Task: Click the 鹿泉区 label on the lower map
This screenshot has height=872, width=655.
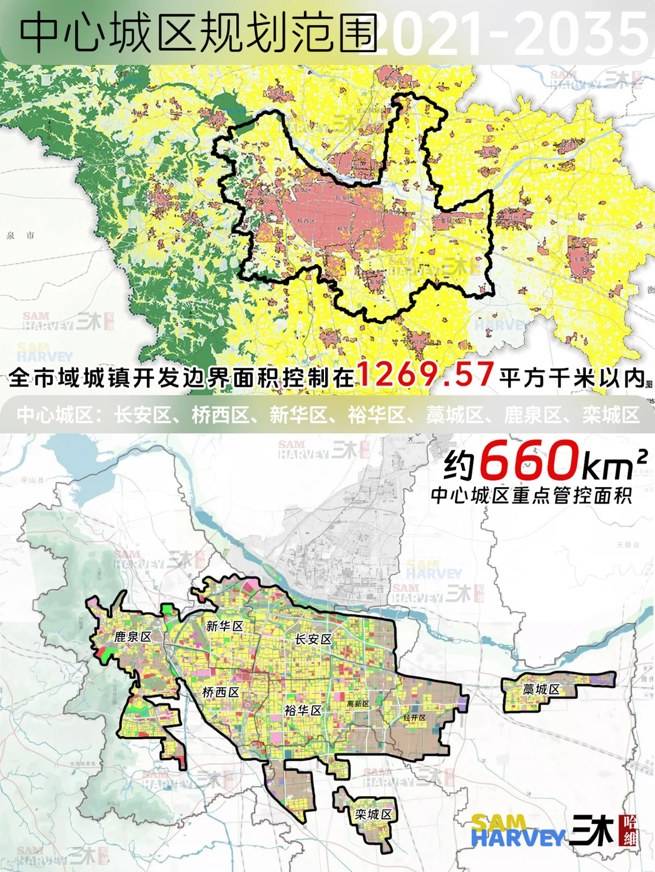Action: pyautogui.click(x=133, y=637)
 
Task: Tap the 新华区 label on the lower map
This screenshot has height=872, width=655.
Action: pyautogui.click(x=224, y=626)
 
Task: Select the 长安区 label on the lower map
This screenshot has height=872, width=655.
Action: pyautogui.click(x=313, y=639)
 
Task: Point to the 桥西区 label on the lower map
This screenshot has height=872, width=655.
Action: pyautogui.click(x=221, y=692)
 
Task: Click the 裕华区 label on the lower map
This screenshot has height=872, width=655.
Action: pyautogui.click(x=303, y=710)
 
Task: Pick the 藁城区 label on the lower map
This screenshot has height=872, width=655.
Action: pyautogui.click(x=541, y=690)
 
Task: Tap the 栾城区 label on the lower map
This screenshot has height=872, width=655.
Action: pyautogui.click(x=374, y=814)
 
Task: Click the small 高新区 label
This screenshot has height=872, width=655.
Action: pyautogui.click(x=358, y=704)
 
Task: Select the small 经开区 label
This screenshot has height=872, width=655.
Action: pyautogui.click(x=415, y=717)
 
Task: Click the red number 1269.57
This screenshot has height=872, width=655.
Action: pyautogui.click(x=425, y=374)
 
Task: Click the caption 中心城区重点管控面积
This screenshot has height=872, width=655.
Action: pyautogui.click(x=531, y=496)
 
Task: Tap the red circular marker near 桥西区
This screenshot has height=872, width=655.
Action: pyautogui.click(x=247, y=705)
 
